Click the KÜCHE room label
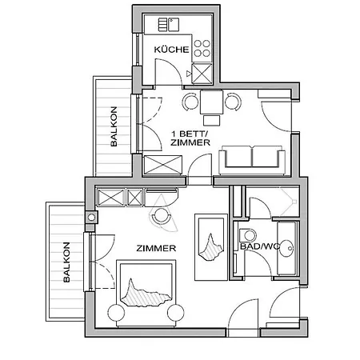[171, 50]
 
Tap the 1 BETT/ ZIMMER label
[190, 138]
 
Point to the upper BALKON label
[114, 126]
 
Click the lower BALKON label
[66, 262]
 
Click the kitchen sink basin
[174, 25]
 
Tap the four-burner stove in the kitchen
[202, 48]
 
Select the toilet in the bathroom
[248, 235]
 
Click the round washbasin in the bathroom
[286, 248]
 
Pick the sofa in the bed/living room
[252, 160]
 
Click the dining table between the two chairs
[211, 102]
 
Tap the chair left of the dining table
[190, 102]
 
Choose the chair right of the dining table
[233, 102]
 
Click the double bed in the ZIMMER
[146, 294]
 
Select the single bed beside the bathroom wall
[211, 247]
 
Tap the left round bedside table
[116, 313]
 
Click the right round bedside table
[176, 313]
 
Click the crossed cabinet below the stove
[202, 73]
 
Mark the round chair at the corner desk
[161, 215]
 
